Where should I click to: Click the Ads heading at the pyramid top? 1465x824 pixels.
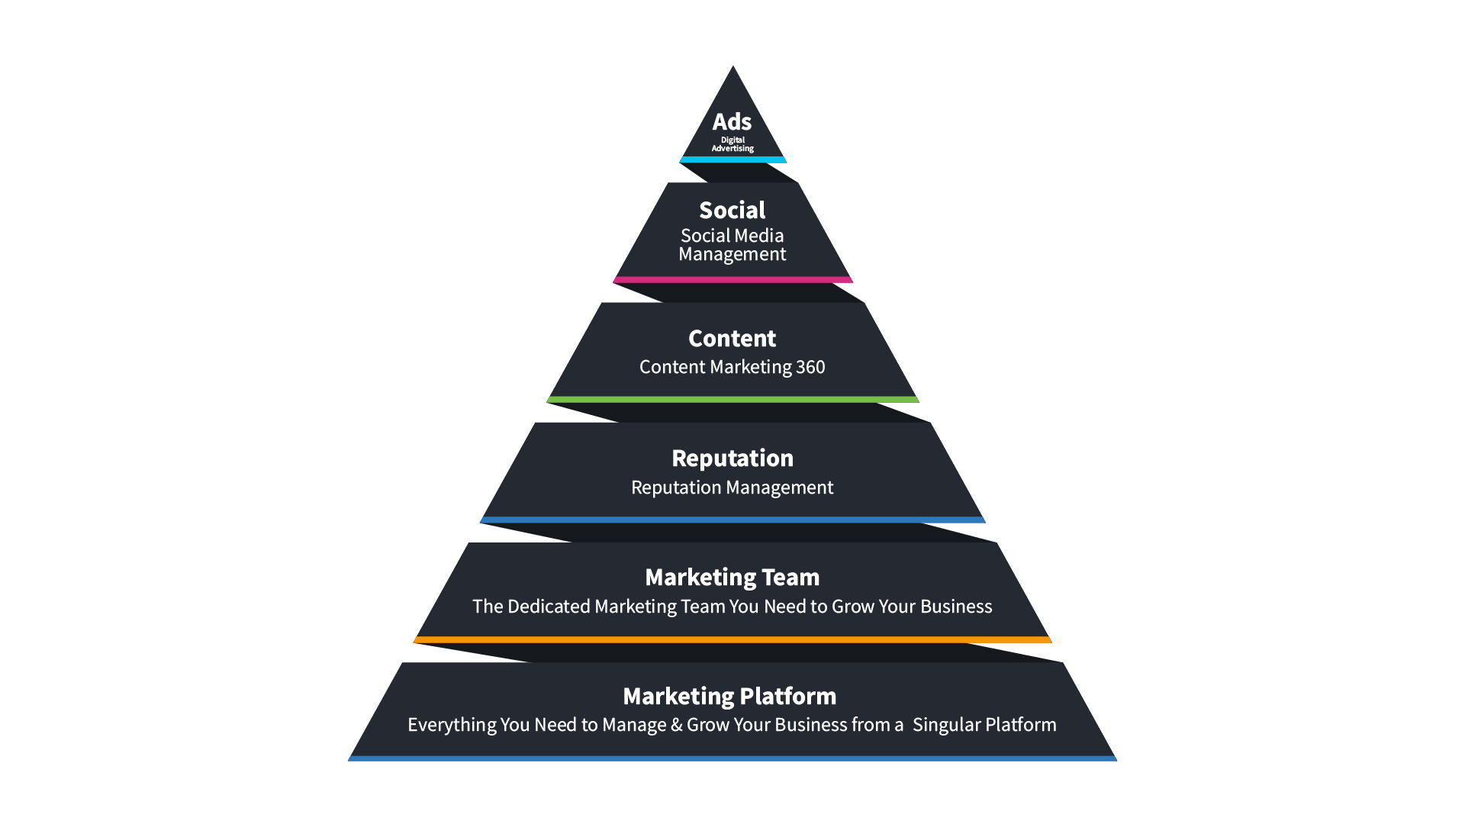(732, 122)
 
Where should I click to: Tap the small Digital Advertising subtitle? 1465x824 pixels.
(732, 144)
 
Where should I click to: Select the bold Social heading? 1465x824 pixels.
(732, 210)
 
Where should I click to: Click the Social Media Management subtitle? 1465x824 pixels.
(732, 245)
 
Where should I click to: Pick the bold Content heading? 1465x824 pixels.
(732, 338)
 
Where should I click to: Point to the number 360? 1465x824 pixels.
(810, 367)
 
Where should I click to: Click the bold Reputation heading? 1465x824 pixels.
(732, 458)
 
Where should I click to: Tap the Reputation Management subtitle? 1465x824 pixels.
(732, 488)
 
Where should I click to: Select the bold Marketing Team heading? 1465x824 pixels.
(732, 577)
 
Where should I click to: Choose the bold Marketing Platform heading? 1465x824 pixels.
(729, 696)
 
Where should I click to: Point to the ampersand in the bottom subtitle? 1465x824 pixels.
(676, 725)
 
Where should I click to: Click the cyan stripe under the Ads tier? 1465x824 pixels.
(732, 159)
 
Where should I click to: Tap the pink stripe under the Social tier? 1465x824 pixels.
(732, 279)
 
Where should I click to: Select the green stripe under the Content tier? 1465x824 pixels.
(732, 399)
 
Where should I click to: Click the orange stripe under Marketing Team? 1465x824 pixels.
(732, 639)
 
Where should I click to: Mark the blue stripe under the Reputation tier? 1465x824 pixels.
(732, 520)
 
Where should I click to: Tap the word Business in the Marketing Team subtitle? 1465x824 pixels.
(956, 607)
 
